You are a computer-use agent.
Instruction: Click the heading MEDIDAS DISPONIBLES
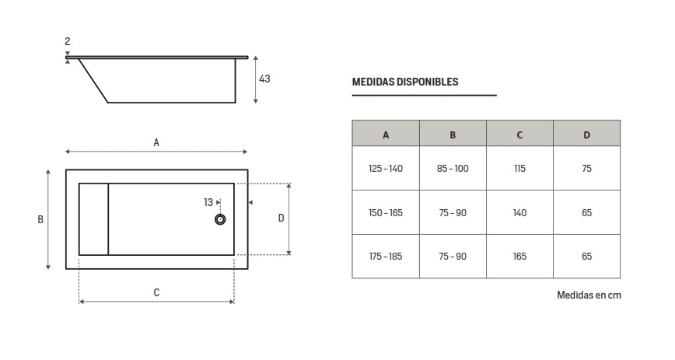pos(404,82)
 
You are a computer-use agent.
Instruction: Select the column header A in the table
pos(386,135)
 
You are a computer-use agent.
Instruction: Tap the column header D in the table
pos(586,135)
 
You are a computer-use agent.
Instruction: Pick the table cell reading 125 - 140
pos(386,169)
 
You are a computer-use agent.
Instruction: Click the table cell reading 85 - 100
pos(453,169)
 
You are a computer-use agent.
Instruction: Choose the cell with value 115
pos(519,169)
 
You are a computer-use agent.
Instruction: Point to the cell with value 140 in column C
pos(519,212)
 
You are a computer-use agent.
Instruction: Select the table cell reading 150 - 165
pos(386,212)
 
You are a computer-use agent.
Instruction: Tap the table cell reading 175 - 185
pos(386,256)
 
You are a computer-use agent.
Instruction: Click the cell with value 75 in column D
pos(586,169)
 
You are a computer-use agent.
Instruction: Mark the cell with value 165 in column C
pos(519,256)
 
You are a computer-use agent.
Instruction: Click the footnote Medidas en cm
pos(589,295)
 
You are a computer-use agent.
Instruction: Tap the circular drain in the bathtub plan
pos(220,220)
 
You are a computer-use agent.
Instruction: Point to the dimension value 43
pos(264,79)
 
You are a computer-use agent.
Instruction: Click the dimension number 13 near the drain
pos(208,202)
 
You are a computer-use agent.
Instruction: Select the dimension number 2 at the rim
pos(68,41)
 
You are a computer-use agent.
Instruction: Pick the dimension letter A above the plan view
pos(156,142)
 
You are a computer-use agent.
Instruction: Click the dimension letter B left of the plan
pos(40,219)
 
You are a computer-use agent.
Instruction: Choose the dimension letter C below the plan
pos(156,292)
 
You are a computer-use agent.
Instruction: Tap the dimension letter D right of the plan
pos(281,218)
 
